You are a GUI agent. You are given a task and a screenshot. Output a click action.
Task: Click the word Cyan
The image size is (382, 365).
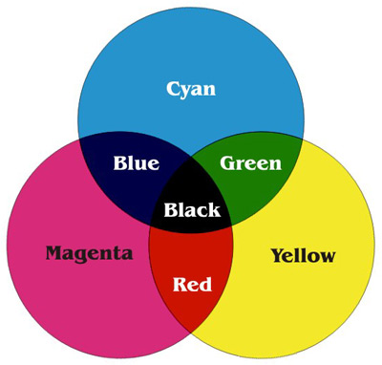click(191, 90)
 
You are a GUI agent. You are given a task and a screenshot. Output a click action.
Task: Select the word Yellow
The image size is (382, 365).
click(303, 255)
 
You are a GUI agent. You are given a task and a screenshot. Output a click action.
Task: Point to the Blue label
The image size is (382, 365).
click(136, 162)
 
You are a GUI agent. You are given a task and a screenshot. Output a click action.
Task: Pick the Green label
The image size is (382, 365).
click(251, 162)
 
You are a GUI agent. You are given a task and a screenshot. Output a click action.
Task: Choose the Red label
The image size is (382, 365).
click(192, 284)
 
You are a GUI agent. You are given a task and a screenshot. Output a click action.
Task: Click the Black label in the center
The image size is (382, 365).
click(192, 210)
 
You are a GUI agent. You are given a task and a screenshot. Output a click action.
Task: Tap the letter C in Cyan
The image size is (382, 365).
click(173, 89)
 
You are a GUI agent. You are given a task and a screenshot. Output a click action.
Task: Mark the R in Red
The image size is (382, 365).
click(179, 284)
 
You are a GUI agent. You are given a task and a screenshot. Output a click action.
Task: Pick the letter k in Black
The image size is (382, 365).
click(214, 210)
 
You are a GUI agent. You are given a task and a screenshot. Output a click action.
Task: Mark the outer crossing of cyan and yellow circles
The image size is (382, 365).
click(303, 137)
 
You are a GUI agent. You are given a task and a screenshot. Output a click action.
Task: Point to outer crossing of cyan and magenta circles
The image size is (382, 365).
click(79, 138)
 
